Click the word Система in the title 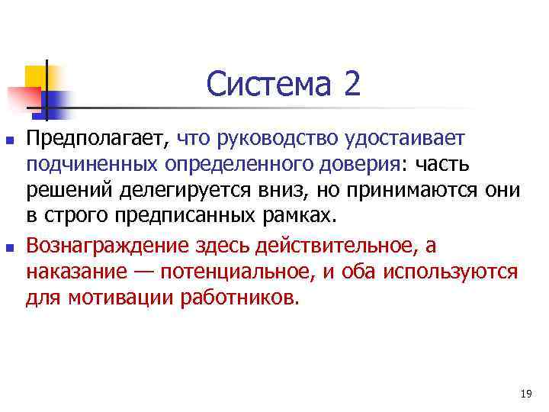coord(268,84)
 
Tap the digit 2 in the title coord(352,84)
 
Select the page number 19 coord(525,394)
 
